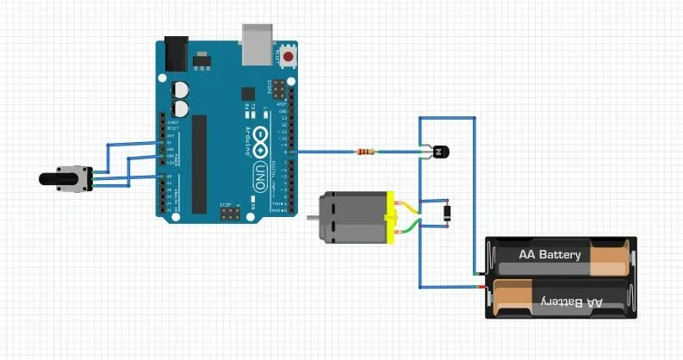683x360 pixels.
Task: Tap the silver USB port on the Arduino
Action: tap(256, 44)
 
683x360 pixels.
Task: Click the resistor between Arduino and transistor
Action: tap(366, 152)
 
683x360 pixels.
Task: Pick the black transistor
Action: tap(439, 152)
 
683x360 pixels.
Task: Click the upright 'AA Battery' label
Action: tap(550, 255)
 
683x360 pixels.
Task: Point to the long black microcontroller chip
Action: tap(200, 164)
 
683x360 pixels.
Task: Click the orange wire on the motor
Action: tap(407, 208)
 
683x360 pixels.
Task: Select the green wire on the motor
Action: tap(407, 227)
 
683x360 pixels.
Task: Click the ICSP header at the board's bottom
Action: tap(230, 211)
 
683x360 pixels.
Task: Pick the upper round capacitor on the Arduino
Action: tap(181, 90)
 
